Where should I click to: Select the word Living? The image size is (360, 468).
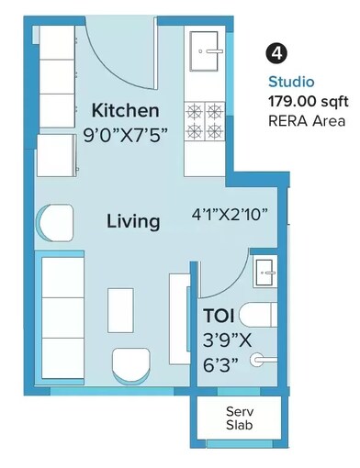click(x=133, y=221)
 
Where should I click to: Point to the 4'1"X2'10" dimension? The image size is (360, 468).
click(x=231, y=215)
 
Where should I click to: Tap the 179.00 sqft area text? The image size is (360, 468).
click(x=306, y=100)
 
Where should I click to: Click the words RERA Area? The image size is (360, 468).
click(x=307, y=120)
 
